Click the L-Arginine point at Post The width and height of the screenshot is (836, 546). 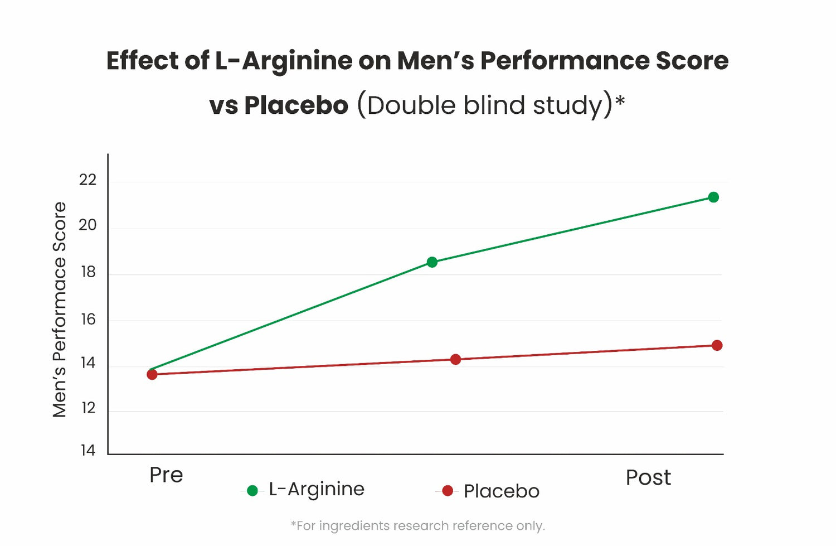click(x=713, y=197)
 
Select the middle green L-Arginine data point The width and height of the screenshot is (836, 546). click(x=432, y=262)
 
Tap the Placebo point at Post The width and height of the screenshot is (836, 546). click(x=717, y=345)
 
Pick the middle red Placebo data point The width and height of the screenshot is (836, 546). click(x=455, y=359)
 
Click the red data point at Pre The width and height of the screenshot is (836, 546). click(x=152, y=374)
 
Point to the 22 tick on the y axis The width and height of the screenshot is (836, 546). click(x=88, y=180)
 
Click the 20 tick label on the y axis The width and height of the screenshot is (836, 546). click(x=88, y=225)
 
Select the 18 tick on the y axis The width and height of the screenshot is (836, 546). click(x=88, y=272)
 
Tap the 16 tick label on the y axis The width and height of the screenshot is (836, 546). click(x=88, y=319)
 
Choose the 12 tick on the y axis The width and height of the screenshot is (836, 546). click(x=88, y=408)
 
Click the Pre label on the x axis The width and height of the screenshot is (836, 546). click(x=166, y=475)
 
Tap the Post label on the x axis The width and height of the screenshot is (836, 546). click(x=648, y=477)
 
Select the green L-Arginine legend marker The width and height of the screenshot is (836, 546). click(x=252, y=491)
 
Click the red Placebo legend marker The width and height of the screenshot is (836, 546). click(x=447, y=491)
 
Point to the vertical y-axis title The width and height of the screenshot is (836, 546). click(x=60, y=310)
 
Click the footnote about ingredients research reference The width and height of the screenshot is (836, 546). click(x=417, y=526)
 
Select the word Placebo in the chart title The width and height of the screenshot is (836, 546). click(x=296, y=105)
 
